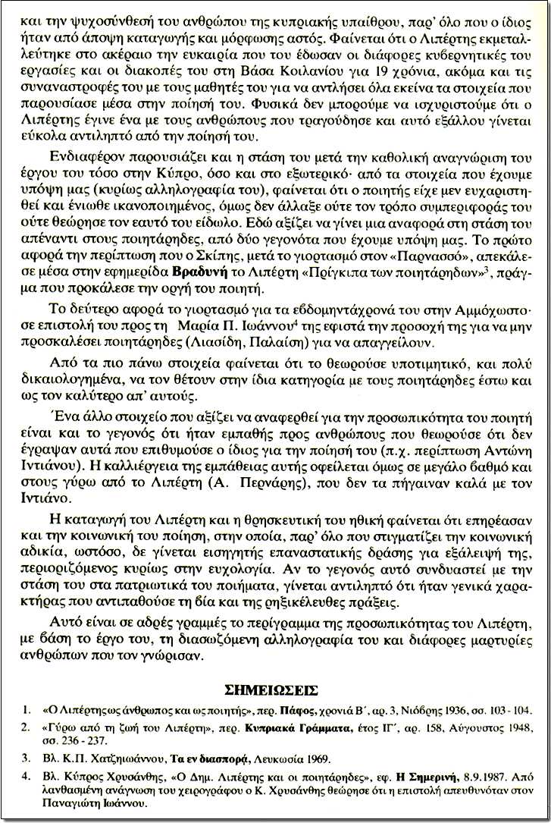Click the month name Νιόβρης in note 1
pos(389,711)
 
